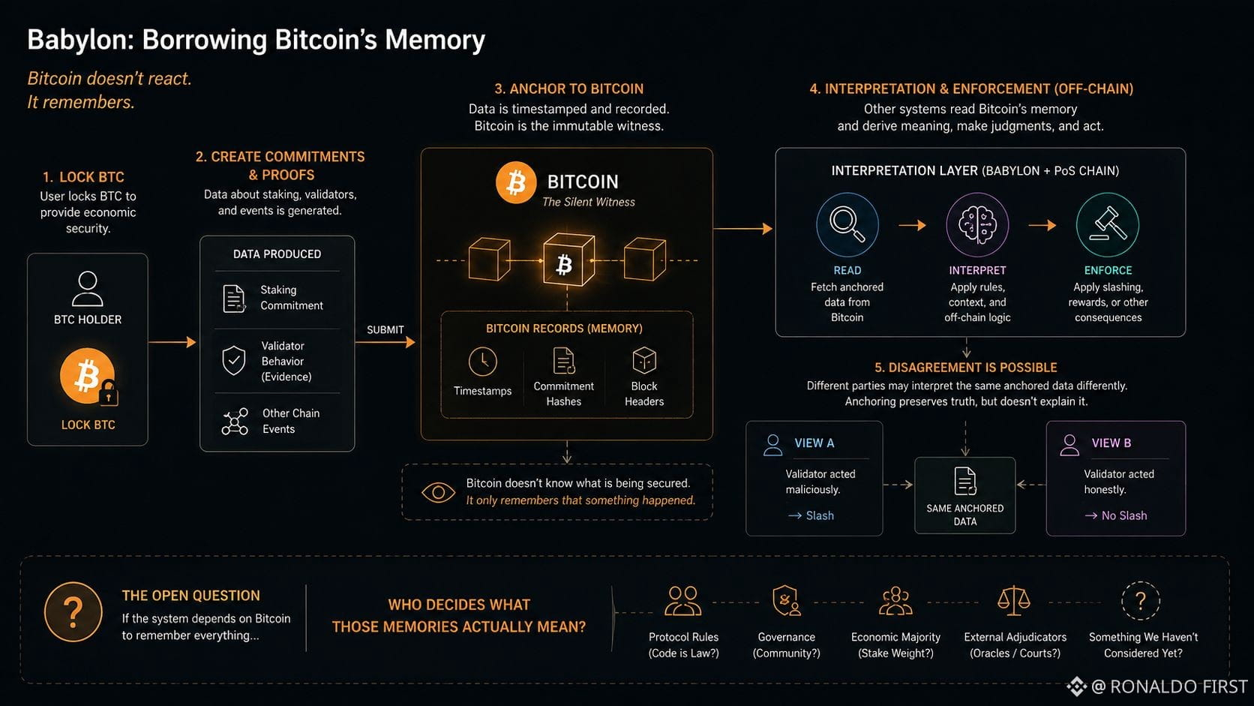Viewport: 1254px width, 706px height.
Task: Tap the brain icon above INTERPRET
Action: (977, 224)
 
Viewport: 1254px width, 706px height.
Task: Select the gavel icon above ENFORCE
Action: (1107, 224)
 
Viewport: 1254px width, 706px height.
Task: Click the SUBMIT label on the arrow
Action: (385, 330)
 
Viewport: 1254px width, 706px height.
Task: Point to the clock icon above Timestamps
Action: (482, 362)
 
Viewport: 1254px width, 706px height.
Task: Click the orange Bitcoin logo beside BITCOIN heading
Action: (515, 182)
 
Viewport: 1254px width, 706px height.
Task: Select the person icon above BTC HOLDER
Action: (88, 289)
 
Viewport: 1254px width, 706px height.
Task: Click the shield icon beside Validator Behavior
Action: (234, 360)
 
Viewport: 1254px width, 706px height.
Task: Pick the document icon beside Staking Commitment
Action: (234, 299)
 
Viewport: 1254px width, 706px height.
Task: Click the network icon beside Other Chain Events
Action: (235, 421)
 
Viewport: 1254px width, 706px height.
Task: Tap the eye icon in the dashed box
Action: (438, 492)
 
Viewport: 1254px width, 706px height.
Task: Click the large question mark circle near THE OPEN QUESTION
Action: (73, 611)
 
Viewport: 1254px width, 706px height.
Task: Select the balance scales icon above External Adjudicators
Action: (1014, 601)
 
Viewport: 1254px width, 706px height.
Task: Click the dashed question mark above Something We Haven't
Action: (1141, 601)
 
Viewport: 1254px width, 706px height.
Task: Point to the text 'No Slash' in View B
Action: (1124, 515)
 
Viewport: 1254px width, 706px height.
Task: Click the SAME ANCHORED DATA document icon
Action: (965, 481)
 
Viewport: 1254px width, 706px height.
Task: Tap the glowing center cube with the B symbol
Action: (568, 260)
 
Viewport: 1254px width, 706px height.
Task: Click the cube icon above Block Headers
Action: (643, 360)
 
